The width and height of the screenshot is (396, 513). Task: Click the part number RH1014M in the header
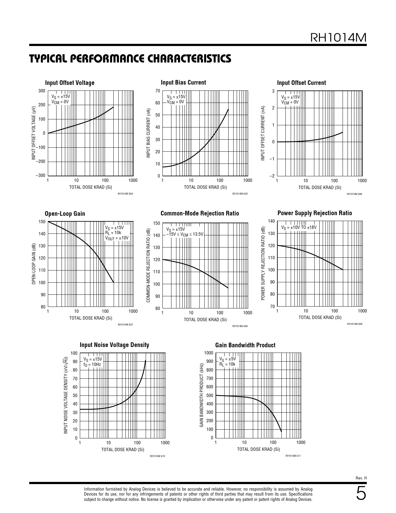pyautogui.click(x=339, y=38)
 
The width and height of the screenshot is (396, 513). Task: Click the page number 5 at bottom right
pyautogui.click(x=361, y=494)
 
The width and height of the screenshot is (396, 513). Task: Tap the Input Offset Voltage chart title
pyautogui.click(x=70, y=83)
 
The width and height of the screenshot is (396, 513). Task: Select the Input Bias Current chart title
pyautogui.click(x=183, y=82)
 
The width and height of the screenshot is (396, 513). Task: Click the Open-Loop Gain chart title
pyautogui.click(x=65, y=214)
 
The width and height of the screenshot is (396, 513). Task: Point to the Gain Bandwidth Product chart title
pyautogui.click(x=245, y=345)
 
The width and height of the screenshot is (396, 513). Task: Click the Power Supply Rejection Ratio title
pyautogui.click(x=315, y=213)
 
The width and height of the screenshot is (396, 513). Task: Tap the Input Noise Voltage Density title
pyautogui.click(x=114, y=345)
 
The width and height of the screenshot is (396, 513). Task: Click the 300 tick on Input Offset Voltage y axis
pyautogui.click(x=42, y=91)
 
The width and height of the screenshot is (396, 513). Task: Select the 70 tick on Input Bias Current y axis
pyautogui.click(x=157, y=91)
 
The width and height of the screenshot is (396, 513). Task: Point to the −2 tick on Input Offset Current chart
pyautogui.click(x=272, y=176)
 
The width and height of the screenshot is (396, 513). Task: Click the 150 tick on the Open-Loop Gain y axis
pyautogui.click(x=42, y=222)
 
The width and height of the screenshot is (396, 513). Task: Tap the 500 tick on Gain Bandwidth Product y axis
pyautogui.click(x=210, y=395)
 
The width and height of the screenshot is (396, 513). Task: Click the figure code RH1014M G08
pyautogui.click(x=240, y=326)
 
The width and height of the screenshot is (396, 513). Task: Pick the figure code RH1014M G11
pyautogui.click(x=293, y=456)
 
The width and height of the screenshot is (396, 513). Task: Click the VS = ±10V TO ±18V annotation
pyautogui.click(x=299, y=227)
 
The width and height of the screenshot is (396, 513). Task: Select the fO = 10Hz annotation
pyautogui.click(x=92, y=364)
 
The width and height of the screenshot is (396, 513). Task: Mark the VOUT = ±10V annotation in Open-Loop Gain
pyautogui.click(x=116, y=238)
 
